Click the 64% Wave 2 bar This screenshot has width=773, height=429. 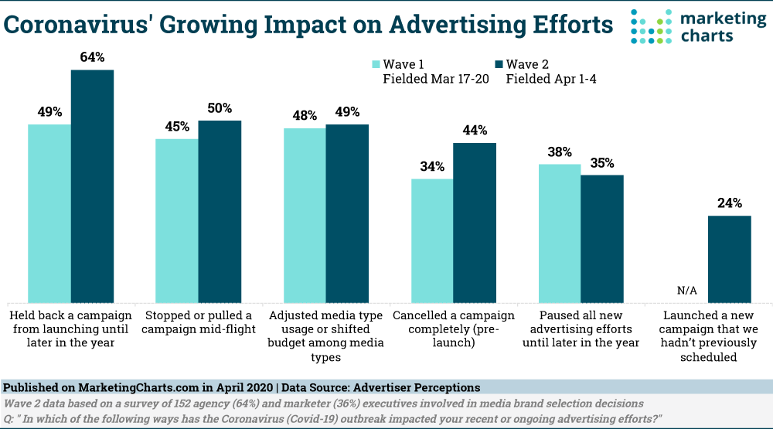(x=92, y=186)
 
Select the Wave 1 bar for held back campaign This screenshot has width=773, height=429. (x=49, y=213)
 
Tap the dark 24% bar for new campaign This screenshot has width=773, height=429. (x=730, y=258)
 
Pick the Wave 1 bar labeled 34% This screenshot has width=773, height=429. (x=432, y=240)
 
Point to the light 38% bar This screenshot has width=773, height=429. (x=560, y=233)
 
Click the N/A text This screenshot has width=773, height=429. (x=687, y=291)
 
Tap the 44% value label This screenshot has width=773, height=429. (x=475, y=130)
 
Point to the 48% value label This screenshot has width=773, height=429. (x=305, y=115)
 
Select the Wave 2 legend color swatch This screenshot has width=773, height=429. (x=499, y=64)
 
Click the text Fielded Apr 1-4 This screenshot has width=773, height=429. (x=551, y=79)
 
